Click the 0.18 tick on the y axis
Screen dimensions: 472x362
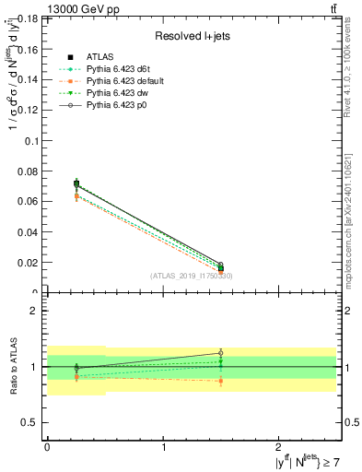29,18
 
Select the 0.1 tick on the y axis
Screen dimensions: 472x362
32,140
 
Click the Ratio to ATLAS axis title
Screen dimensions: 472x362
12,367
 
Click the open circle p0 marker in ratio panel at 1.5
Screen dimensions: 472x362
220,353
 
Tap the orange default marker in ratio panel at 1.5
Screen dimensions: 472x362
220,381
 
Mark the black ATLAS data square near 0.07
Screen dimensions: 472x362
76,183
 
